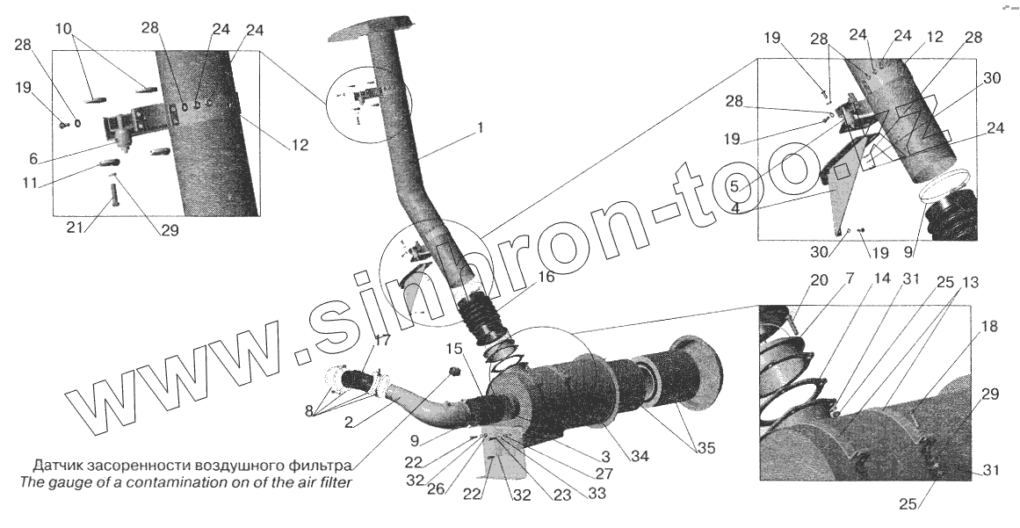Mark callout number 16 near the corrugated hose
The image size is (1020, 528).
coord(546,277)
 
